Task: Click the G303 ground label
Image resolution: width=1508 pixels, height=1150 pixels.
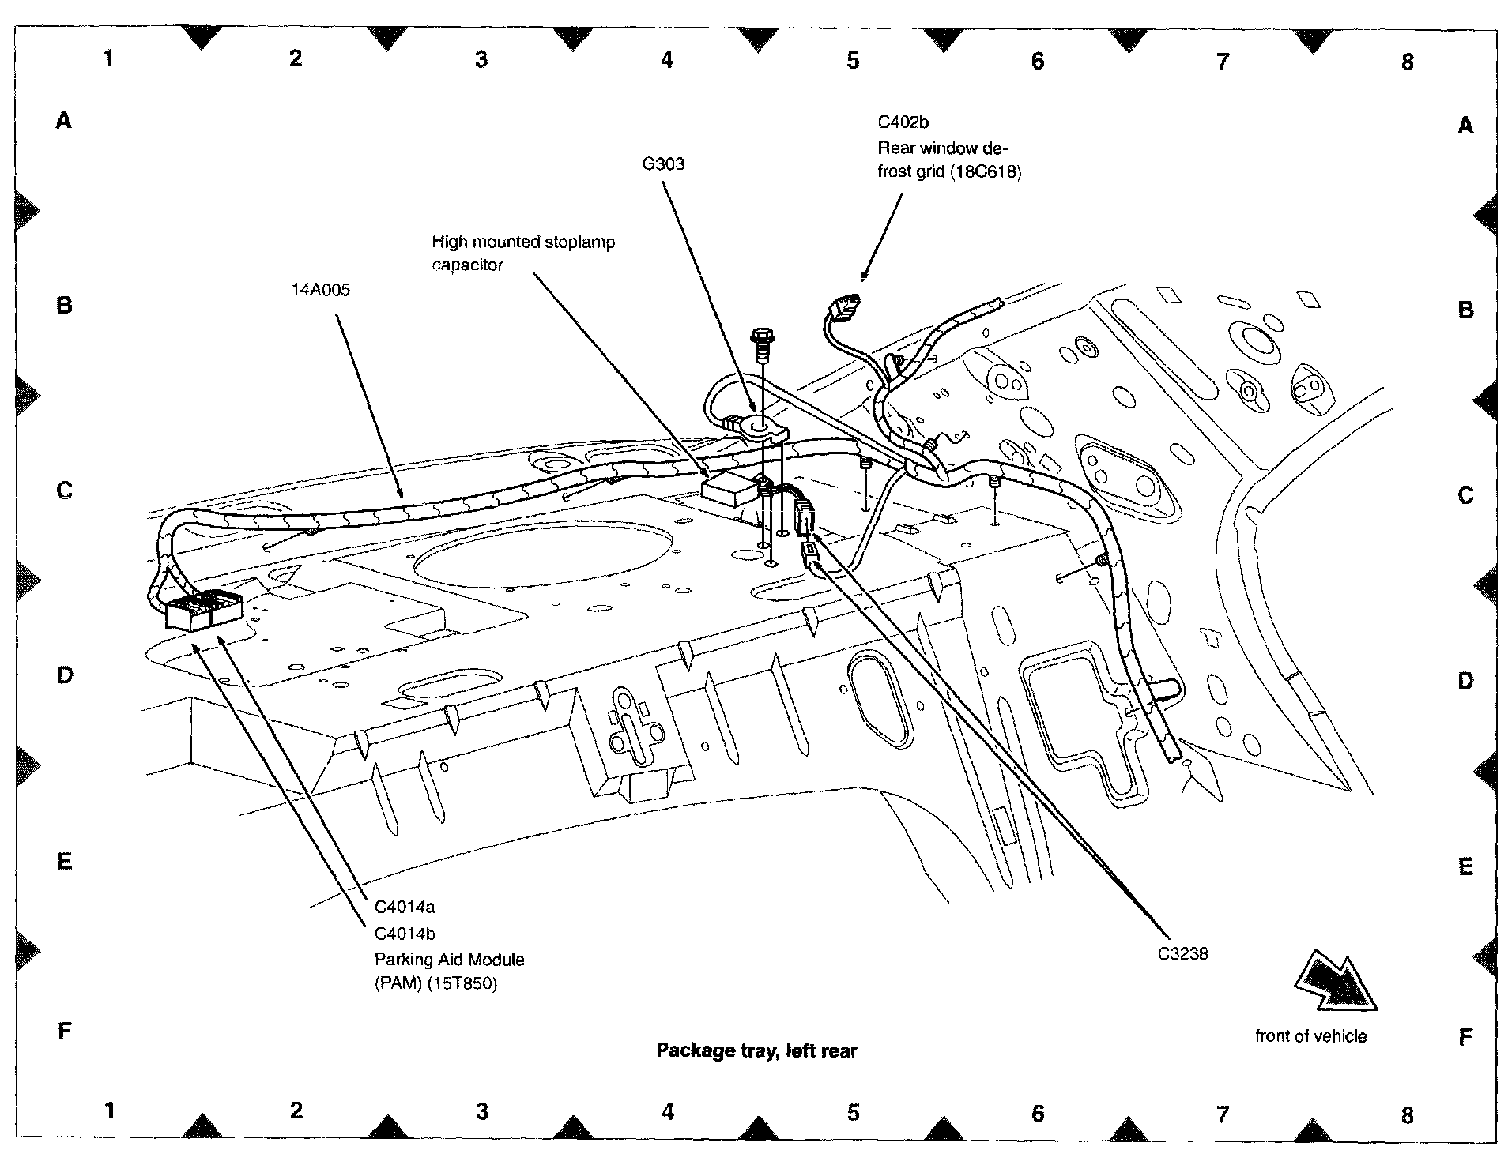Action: pos(663,164)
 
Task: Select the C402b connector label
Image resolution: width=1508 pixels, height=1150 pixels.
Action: pos(903,122)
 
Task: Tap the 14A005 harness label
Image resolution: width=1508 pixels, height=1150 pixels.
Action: pos(320,290)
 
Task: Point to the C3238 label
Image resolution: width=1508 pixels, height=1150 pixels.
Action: pos(1182,953)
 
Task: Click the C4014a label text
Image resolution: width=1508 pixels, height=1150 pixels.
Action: pos(404,908)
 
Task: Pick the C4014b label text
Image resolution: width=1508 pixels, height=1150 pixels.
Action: pos(405,934)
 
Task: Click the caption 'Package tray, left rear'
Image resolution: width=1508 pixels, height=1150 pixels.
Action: pos(756,1050)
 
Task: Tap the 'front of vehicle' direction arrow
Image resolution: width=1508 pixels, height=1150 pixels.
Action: pos(1336,982)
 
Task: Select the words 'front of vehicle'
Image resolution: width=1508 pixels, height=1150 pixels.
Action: pos(1310,1035)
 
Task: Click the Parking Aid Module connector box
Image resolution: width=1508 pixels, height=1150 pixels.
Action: pos(204,611)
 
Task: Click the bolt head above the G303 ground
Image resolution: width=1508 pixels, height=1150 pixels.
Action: pos(763,336)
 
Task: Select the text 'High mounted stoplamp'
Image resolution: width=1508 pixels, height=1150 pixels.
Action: pos(522,242)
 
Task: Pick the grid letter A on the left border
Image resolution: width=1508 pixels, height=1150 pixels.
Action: pos(64,121)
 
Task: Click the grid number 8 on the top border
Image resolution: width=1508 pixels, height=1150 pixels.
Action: pos(1407,62)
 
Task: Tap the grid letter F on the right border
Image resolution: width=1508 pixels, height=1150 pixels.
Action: pos(1465,1037)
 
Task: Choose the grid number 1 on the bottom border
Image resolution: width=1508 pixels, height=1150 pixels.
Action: pos(110,1111)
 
